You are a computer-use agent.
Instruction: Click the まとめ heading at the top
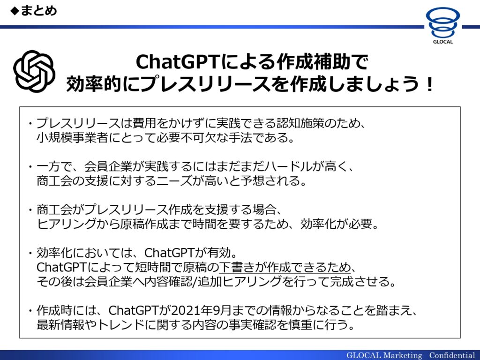point(38,11)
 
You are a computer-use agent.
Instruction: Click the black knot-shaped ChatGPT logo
point(34,71)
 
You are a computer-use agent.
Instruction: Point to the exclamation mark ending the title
point(429,84)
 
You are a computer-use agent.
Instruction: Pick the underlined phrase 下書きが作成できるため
point(285,267)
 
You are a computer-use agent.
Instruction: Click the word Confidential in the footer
point(452,355)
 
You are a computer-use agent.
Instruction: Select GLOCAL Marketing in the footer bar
point(384,355)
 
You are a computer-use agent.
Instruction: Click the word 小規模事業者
point(72,137)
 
